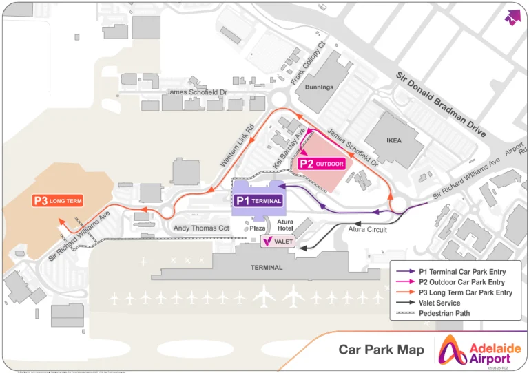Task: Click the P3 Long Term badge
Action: pos(58,201)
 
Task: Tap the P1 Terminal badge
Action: pos(258,200)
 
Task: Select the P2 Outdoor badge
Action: pos(321,164)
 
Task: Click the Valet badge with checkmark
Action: pos(278,242)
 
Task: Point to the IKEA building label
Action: pos(393,141)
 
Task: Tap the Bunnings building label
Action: pos(319,87)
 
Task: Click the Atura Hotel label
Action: pos(284,225)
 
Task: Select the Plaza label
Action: pos(258,228)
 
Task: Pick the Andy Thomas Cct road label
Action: pos(200,228)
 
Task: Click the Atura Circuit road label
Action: pos(367,229)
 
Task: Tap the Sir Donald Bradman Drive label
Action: pos(440,102)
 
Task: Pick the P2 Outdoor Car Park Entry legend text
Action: pos(461,282)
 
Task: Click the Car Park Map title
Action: pos(381,350)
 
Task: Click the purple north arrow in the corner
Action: pos(512,17)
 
